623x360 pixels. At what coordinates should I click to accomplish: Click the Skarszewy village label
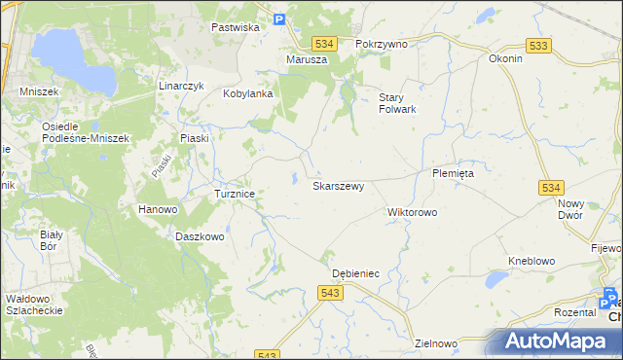[338, 185]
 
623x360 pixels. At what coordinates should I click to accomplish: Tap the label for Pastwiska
[236, 27]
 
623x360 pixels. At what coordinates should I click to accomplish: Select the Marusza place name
[307, 59]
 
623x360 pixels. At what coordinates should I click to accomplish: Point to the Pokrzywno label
[381, 44]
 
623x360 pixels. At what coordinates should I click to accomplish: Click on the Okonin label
[505, 57]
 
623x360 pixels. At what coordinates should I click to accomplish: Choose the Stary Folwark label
[397, 102]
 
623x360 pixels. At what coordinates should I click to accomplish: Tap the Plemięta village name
[453, 172]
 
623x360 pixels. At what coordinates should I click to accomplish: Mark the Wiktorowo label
[413, 211]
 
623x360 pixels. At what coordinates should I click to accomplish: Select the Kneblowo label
[531, 261]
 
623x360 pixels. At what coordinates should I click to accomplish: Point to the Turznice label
[235, 194]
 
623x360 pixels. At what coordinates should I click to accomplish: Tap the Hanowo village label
[157, 209]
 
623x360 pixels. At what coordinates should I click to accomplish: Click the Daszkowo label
[201, 235]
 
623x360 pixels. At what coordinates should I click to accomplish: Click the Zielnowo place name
[435, 342]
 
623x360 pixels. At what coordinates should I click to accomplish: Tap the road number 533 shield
[537, 46]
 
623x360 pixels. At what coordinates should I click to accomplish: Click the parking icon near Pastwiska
[278, 18]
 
